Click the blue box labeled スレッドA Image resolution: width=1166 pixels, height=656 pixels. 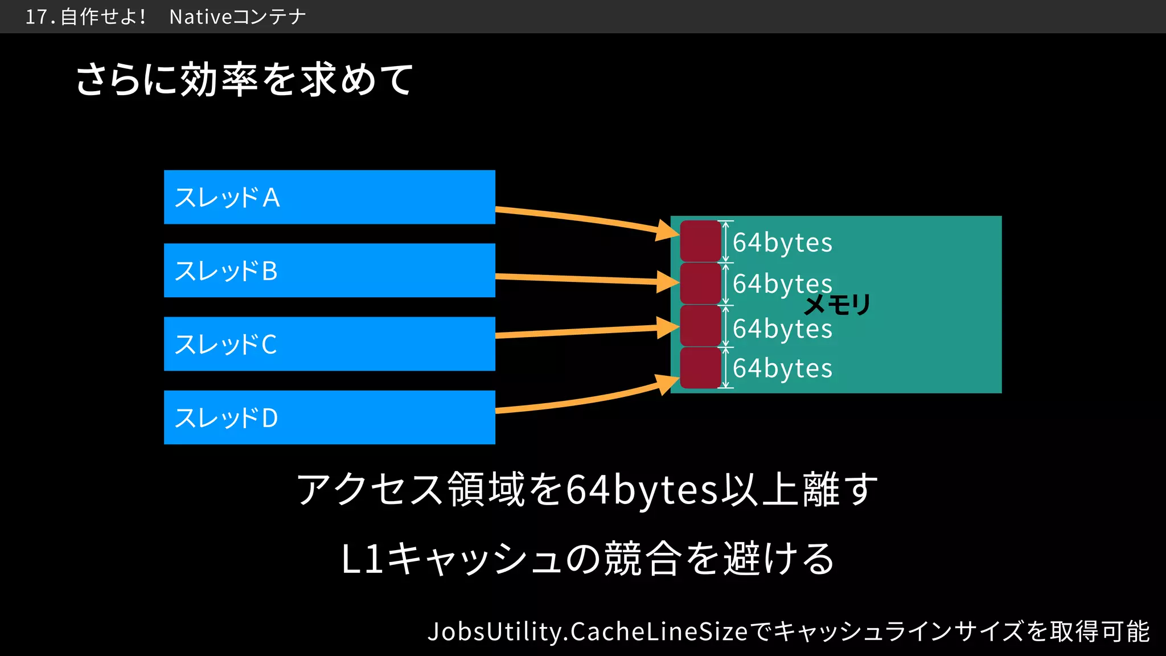pos(329,197)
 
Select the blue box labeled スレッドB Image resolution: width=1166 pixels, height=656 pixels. pos(329,270)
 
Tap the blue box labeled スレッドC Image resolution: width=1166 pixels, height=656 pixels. pos(329,344)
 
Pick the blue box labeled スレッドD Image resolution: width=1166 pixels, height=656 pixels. pos(329,417)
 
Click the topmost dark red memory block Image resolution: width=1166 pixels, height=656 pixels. pos(700,241)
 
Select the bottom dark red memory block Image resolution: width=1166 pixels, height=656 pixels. pos(700,368)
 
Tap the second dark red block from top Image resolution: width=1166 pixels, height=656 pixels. pos(700,283)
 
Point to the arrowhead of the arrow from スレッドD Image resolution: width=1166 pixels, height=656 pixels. pos(667,384)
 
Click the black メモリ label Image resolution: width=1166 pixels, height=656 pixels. pos(837,305)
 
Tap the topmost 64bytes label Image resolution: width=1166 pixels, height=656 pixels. pos(782,243)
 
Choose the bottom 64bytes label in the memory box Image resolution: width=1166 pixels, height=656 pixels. pos(782,368)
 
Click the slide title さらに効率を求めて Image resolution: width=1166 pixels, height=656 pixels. pos(244,79)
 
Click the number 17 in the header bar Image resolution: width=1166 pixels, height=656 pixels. pos(36,17)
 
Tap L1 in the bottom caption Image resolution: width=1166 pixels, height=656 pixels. pos(362,559)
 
